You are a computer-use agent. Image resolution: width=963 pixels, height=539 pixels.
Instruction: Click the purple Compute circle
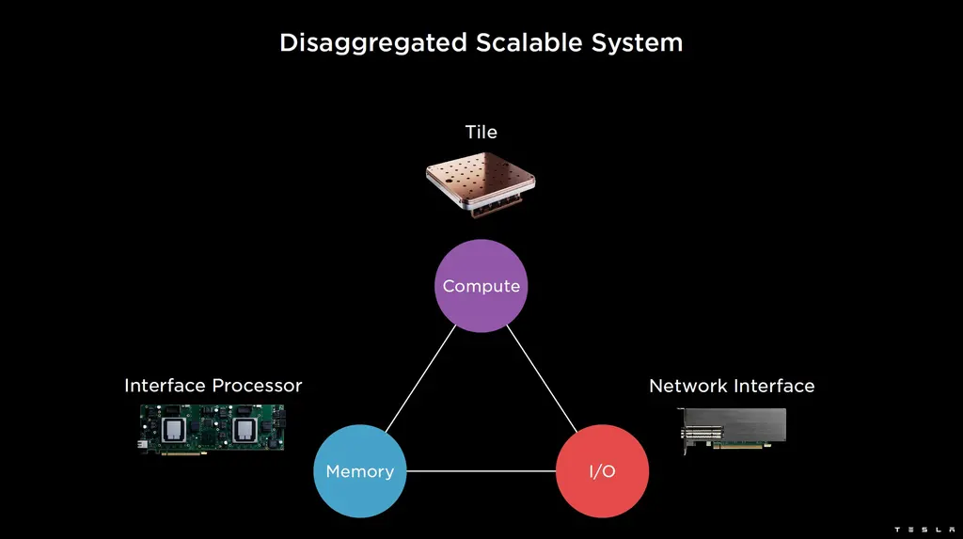tap(481, 286)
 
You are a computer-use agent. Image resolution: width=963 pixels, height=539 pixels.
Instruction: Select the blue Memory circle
tap(359, 470)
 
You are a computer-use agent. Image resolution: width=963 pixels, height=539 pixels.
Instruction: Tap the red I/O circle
tap(602, 470)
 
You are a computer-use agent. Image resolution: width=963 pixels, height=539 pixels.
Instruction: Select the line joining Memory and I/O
tap(481, 470)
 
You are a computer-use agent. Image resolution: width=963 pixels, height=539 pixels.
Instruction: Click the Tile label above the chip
tap(481, 132)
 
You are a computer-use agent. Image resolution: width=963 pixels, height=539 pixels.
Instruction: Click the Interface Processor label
tap(213, 386)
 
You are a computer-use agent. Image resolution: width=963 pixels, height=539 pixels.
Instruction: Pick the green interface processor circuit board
tap(212, 430)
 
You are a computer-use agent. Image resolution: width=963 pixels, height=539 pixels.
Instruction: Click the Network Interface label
tap(732, 386)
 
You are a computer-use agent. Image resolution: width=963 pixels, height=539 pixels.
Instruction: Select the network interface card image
tap(733, 428)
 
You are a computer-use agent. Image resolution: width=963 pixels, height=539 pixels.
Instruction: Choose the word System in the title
tap(638, 43)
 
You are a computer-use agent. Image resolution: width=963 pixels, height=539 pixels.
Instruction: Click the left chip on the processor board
tap(175, 430)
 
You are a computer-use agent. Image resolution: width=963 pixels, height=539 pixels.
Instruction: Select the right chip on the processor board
tap(245, 430)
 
